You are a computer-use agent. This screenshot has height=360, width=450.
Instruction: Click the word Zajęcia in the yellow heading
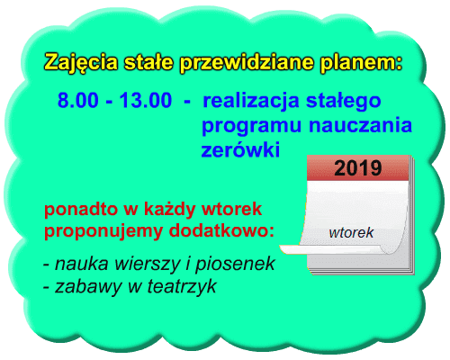click(x=81, y=63)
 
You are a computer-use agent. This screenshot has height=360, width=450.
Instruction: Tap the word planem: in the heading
click(x=361, y=63)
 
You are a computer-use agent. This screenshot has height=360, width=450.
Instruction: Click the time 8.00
click(x=78, y=100)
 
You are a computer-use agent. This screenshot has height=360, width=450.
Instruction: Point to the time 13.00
click(x=146, y=100)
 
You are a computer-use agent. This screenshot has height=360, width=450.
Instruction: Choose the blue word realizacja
click(x=251, y=101)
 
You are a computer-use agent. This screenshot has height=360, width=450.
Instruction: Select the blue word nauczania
click(x=361, y=125)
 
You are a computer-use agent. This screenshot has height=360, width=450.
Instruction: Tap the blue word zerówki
click(x=240, y=149)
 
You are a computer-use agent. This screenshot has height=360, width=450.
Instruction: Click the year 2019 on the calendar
click(x=358, y=168)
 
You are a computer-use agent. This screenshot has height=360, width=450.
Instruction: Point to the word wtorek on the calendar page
click(x=351, y=233)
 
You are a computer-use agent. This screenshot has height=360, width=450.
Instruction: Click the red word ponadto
click(x=81, y=209)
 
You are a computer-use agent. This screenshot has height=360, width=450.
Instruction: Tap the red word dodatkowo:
click(x=221, y=231)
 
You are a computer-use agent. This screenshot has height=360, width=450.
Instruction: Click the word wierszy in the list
click(x=148, y=265)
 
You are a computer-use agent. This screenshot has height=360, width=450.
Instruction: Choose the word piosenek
click(x=235, y=265)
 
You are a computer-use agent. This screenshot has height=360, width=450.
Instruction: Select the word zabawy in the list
click(x=88, y=287)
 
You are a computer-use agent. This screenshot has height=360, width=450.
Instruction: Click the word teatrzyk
click(x=182, y=286)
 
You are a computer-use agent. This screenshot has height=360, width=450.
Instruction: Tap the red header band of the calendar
click(x=358, y=168)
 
